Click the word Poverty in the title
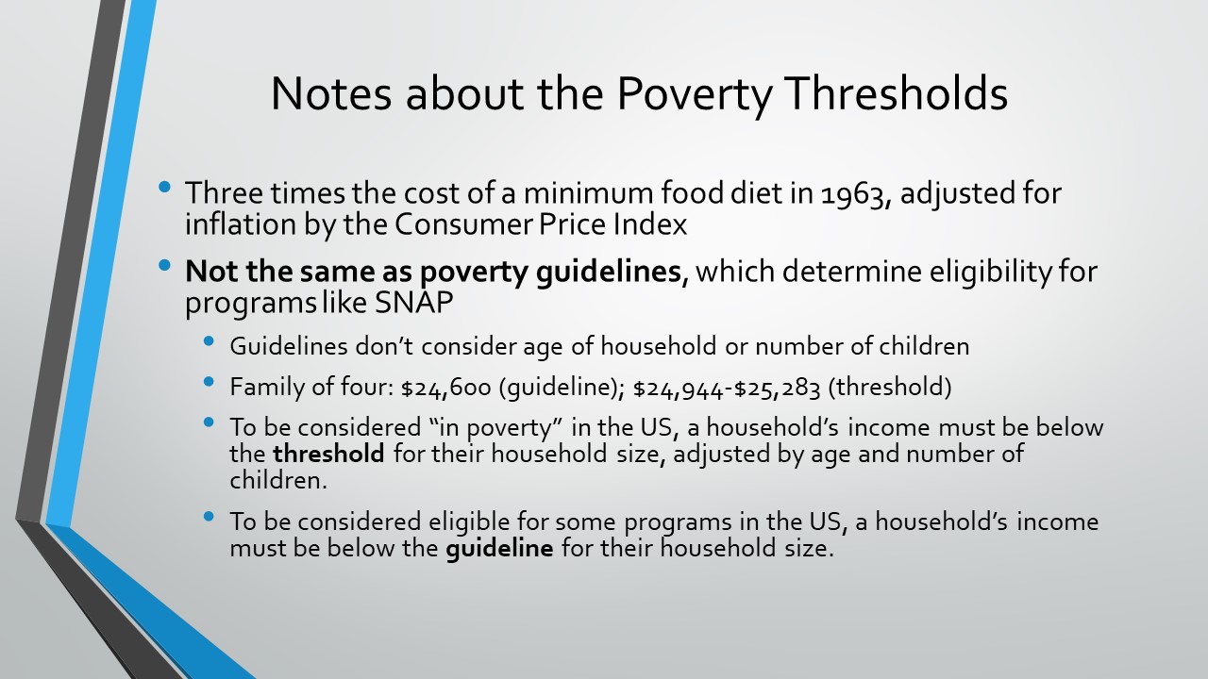click(695, 94)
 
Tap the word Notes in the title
click(331, 93)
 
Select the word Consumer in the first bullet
click(463, 224)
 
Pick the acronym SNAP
click(413, 303)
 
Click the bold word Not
click(212, 271)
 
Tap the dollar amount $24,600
click(446, 388)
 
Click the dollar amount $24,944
click(678, 388)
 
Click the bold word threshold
click(328, 454)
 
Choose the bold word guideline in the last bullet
click(499, 549)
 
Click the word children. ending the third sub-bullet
click(278, 480)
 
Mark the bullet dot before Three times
click(165, 187)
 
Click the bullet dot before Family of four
click(210, 382)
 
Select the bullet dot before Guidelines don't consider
click(210, 341)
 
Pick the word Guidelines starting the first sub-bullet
click(289, 346)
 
